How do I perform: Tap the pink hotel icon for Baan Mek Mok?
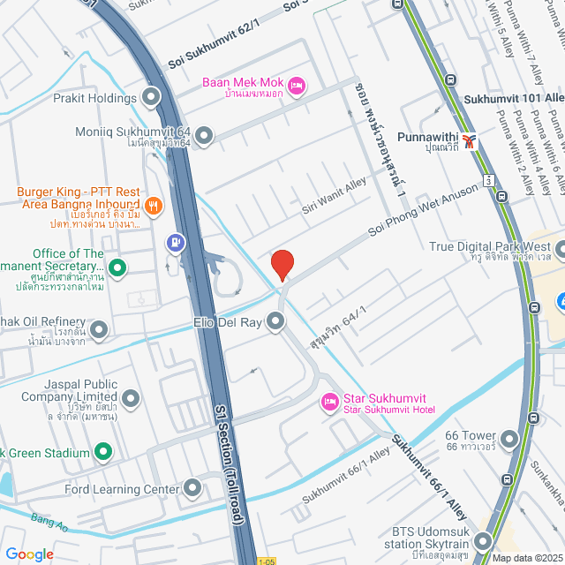click(x=297, y=84)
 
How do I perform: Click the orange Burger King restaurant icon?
click(x=153, y=206)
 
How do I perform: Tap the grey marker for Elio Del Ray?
click(x=276, y=323)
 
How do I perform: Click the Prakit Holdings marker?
click(x=151, y=97)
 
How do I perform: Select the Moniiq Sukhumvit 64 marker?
click(x=204, y=135)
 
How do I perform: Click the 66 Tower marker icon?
click(x=508, y=438)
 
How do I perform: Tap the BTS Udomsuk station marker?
click(x=483, y=541)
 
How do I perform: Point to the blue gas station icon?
click(x=176, y=240)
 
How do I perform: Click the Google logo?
click(x=29, y=554)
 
